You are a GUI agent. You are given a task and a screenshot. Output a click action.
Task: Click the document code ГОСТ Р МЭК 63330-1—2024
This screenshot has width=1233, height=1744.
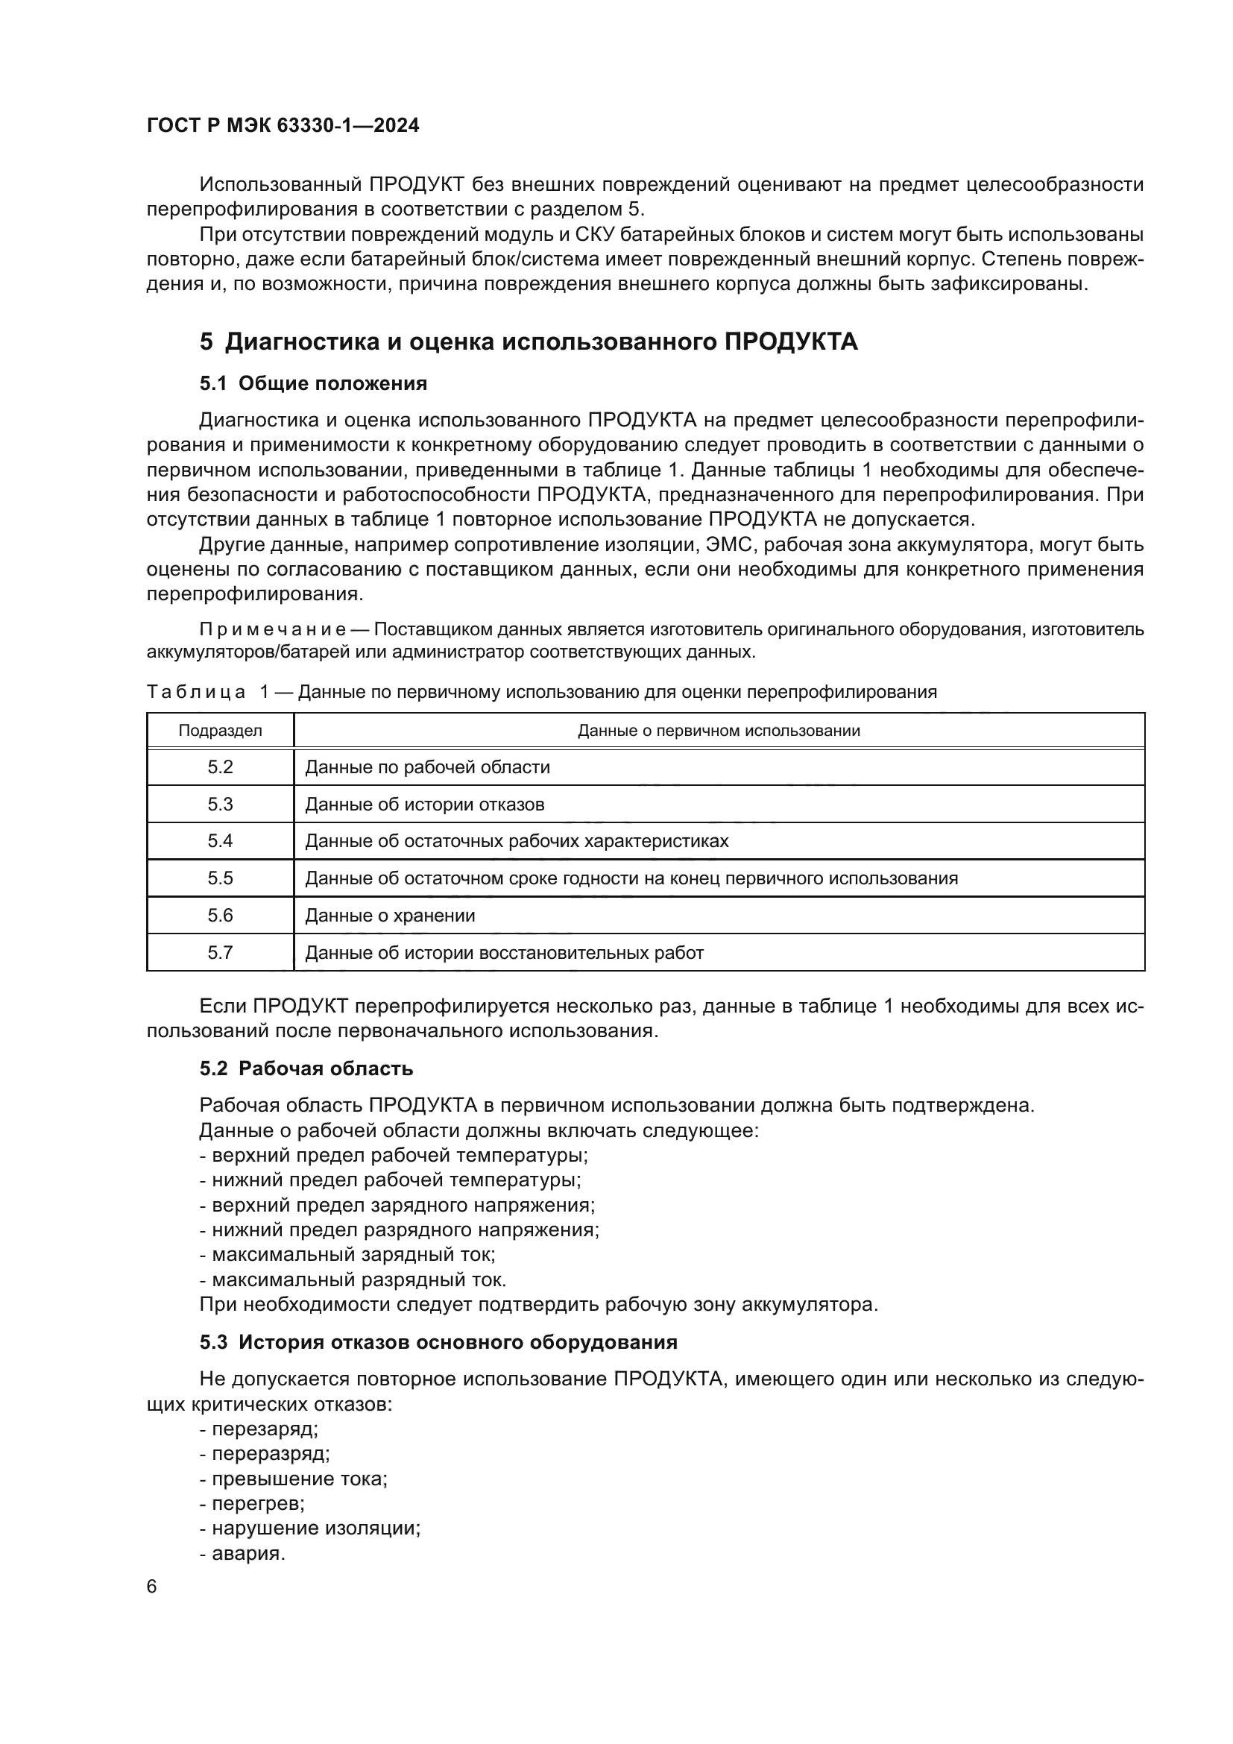click(283, 126)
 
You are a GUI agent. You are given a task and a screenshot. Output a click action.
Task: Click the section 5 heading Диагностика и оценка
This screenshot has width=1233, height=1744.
click(529, 341)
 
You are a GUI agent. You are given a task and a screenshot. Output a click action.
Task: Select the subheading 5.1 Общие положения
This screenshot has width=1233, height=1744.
click(313, 383)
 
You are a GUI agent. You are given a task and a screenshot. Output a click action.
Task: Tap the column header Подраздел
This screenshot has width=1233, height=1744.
click(220, 731)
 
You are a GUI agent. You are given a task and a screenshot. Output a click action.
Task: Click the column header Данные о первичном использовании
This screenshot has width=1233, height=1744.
click(718, 731)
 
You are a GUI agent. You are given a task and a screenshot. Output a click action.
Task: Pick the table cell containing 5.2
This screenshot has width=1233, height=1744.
click(220, 767)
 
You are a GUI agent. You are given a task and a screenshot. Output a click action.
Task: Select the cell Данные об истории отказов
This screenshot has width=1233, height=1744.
click(424, 805)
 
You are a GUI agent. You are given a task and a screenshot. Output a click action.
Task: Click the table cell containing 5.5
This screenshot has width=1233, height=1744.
click(220, 878)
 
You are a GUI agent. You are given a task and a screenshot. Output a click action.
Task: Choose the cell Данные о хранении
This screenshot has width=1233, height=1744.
click(389, 916)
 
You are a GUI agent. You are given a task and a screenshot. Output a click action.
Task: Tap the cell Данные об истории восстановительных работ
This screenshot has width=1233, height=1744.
click(504, 952)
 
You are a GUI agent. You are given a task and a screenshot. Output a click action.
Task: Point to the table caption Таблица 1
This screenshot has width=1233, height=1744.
click(540, 692)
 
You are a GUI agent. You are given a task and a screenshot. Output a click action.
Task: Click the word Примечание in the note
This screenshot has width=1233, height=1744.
click(273, 630)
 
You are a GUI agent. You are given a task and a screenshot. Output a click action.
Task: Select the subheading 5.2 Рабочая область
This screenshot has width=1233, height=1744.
click(306, 1068)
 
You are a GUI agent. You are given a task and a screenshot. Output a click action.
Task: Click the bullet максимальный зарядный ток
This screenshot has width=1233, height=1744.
click(347, 1255)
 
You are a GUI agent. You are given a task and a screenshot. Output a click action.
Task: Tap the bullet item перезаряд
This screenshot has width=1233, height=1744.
click(259, 1429)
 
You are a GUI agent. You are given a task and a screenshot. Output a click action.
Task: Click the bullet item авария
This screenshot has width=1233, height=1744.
click(243, 1553)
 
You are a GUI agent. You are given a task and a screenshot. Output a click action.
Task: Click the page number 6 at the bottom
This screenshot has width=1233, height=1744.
click(152, 1587)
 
